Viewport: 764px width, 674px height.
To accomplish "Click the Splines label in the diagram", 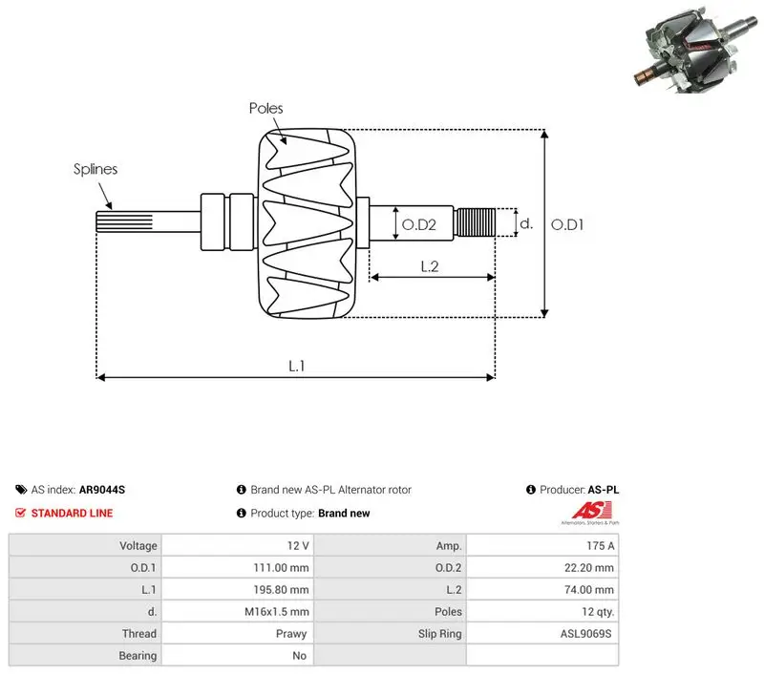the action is pos(95,169).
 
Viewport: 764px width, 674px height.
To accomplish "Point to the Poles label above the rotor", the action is pos(265,108).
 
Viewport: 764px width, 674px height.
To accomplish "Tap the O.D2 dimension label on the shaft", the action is pos(418,224).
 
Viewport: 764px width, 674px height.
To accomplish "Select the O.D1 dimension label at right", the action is pos(566,224).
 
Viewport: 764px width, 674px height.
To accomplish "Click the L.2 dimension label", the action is pos(429,266).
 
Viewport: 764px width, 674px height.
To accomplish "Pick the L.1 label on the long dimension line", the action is pos(296,366).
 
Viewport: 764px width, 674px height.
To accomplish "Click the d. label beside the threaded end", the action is pos(526,223).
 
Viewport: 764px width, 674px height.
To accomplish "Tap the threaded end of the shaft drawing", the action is pos(475,222).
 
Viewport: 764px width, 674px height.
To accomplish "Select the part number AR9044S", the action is pos(102,490).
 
